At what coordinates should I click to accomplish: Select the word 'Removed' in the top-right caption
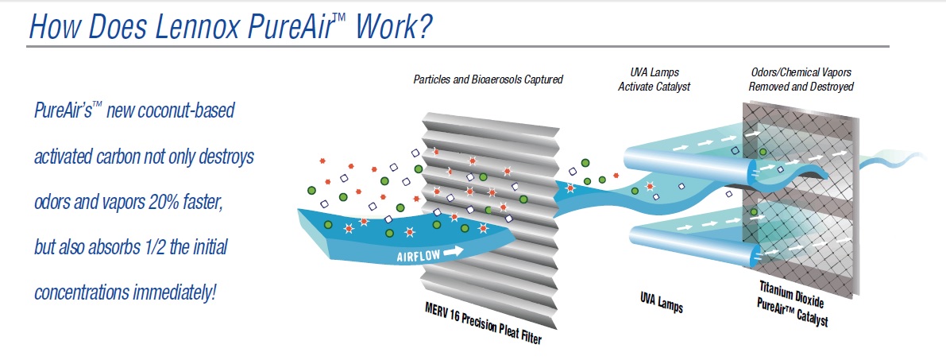point(770,86)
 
